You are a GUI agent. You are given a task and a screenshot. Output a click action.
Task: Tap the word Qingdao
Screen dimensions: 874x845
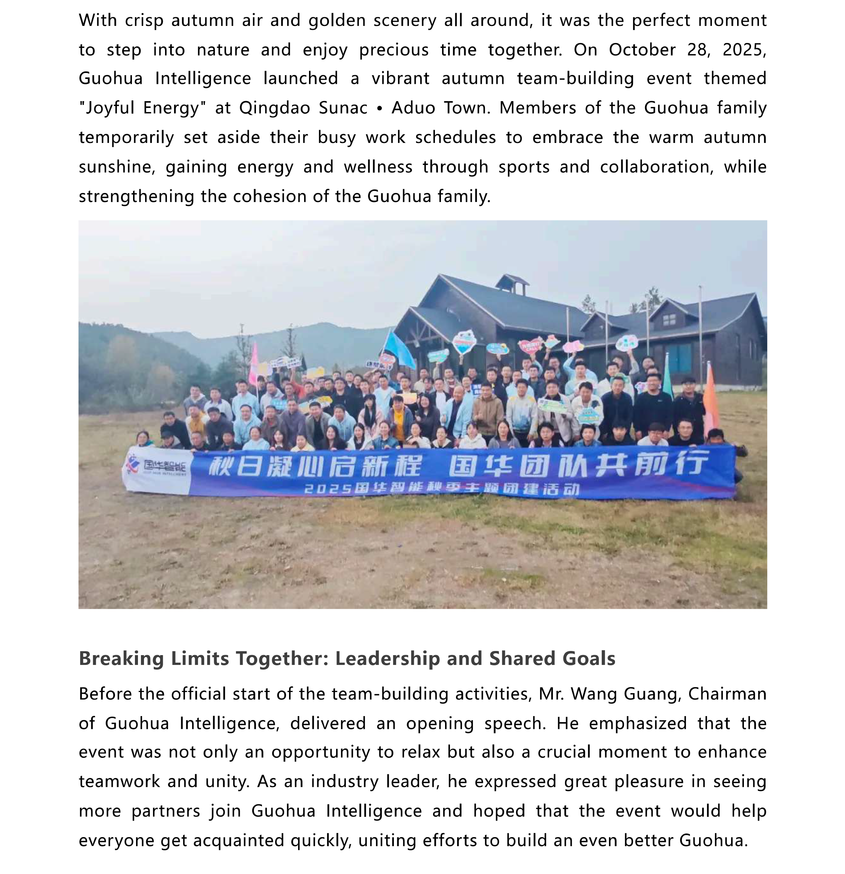[274, 108]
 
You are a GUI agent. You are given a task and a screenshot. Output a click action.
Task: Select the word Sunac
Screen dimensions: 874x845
[343, 108]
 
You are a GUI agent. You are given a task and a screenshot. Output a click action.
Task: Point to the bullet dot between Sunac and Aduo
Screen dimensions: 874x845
[380, 108]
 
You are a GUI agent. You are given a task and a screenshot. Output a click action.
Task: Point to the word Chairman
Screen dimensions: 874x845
[727, 694]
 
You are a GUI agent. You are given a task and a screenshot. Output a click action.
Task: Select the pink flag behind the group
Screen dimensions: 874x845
[254, 363]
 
